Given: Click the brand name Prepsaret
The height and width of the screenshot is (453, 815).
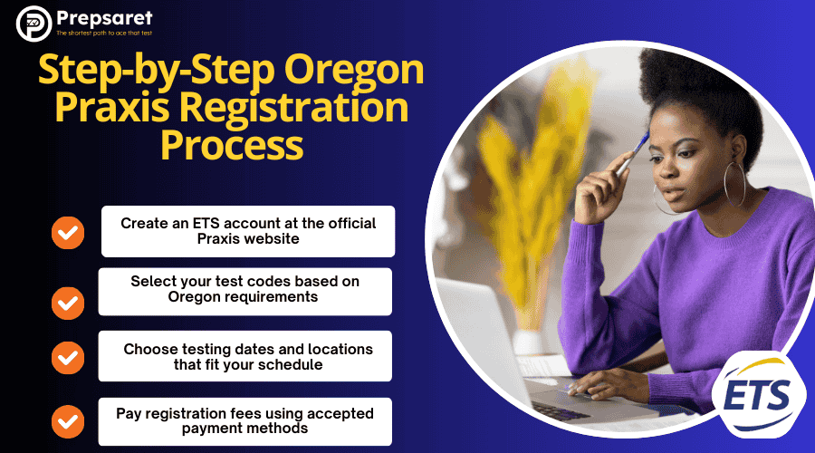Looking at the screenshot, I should tap(104, 17).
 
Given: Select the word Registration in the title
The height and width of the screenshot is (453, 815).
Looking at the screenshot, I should tap(309, 108).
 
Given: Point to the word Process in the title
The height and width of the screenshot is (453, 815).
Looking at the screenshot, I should tap(231, 145).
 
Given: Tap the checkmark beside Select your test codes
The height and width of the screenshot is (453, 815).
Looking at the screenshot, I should tap(68, 302).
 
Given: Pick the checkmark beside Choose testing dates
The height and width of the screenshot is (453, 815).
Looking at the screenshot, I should tap(68, 356).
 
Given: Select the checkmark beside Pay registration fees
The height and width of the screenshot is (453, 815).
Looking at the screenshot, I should tap(68, 421).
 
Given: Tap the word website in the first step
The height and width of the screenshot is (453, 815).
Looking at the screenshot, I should tap(275, 238).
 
